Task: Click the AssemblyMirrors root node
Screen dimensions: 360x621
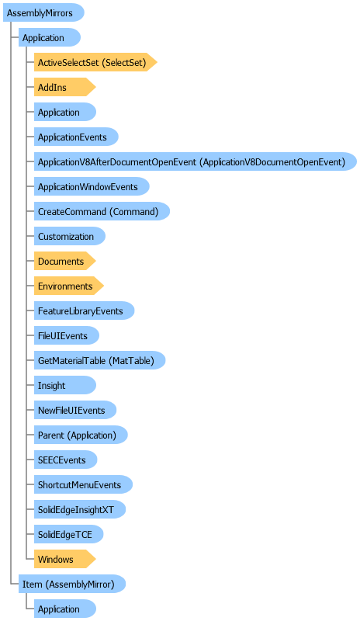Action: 43,12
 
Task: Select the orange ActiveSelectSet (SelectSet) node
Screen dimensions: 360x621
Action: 95,62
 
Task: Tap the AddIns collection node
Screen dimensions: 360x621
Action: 65,87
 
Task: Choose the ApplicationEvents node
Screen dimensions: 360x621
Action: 76,137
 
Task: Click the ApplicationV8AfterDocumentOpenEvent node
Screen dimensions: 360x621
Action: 196,161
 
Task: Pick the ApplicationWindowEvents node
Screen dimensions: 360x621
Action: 92,186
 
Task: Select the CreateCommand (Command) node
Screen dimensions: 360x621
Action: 102,211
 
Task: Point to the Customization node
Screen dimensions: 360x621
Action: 70,237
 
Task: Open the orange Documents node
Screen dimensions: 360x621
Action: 65,262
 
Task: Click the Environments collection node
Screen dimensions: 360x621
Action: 69,286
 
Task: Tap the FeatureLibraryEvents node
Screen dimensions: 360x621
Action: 84,311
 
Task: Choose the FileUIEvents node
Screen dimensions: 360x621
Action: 67,336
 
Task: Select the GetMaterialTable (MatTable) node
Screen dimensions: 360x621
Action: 99,360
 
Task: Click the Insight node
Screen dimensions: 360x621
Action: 65,385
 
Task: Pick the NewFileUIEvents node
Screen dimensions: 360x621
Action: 75,411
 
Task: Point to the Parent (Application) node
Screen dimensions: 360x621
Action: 81,435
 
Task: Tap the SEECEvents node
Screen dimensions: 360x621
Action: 65,460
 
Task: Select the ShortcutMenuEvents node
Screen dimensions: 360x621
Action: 83,484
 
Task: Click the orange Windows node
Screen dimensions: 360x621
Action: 65,559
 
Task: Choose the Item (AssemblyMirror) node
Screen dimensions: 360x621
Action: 72,585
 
